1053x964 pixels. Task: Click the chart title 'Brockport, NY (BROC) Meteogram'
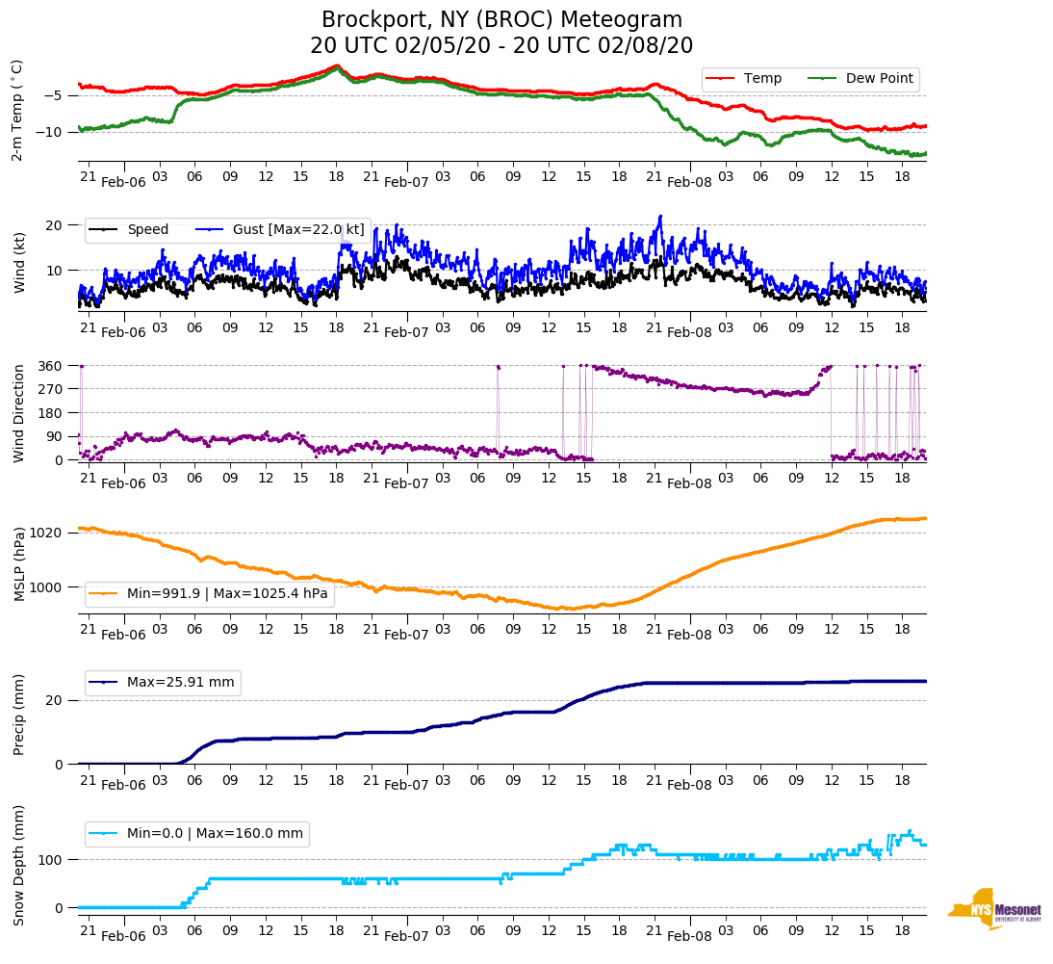[501, 19]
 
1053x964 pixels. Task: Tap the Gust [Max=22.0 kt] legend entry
[298, 229]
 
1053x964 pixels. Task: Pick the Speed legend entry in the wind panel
[147, 229]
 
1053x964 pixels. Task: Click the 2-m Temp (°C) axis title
[16, 110]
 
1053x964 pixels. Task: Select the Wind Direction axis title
[18, 412]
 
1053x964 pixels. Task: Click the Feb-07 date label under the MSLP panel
[406, 635]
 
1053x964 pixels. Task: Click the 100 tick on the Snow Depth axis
[51, 859]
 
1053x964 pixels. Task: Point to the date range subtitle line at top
[501, 46]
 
